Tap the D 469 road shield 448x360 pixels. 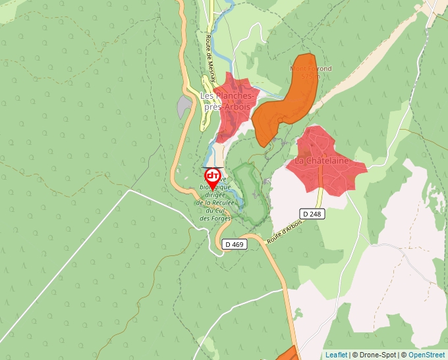click(x=234, y=244)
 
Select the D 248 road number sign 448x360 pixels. click(x=313, y=214)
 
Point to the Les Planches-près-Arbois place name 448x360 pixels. click(x=226, y=101)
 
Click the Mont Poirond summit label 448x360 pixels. click(x=311, y=68)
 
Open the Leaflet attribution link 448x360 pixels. click(x=336, y=355)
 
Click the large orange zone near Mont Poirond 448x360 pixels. click(x=280, y=109)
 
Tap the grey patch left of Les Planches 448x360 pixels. click(x=184, y=107)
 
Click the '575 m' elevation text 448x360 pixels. click(x=310, y=76)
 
